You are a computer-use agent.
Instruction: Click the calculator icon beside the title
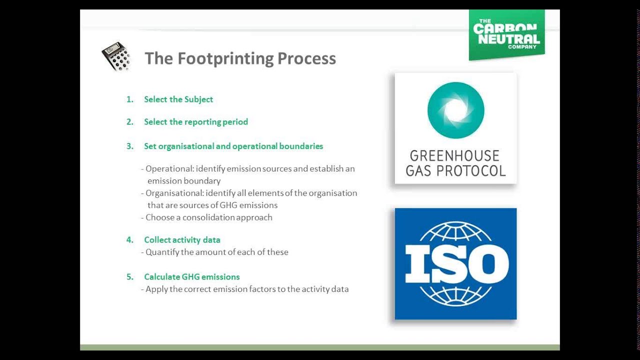click(116, 56)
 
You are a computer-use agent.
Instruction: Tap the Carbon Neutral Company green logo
click(506, 34)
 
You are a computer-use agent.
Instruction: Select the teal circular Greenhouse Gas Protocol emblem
click(455, 110)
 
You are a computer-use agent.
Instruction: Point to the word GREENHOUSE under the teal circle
click(454, 156)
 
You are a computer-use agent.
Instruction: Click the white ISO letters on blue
click(456, 263)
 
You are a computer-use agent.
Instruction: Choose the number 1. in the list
click(130, 99)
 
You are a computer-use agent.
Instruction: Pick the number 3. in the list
click(130, 146)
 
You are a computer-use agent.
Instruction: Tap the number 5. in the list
click(130, 277)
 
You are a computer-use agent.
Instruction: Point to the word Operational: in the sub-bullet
click(169, 169)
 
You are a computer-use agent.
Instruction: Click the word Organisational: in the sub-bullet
click(174, 193)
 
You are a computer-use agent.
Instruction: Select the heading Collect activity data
click(182, 240)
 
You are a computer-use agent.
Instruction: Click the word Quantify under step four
click(162, 252)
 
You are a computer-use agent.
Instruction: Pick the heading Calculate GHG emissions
click(191, 277)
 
